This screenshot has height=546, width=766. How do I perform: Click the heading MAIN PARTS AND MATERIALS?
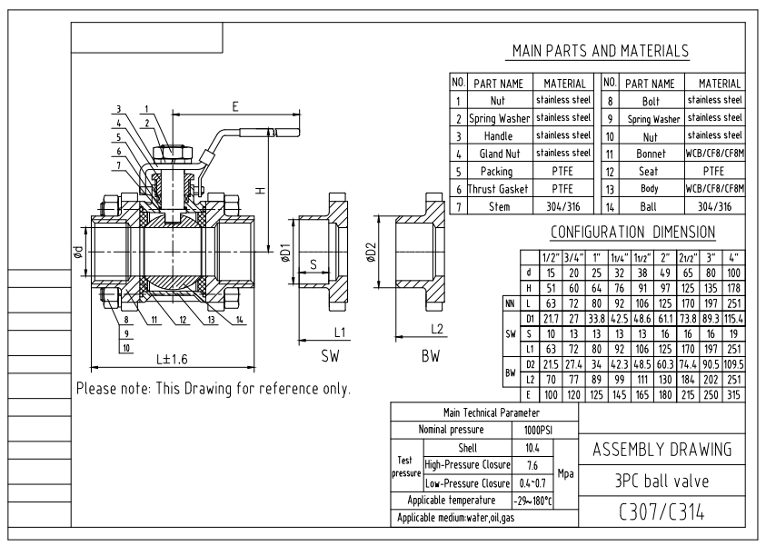click(601, 51)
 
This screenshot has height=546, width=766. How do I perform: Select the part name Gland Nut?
click(499, 154)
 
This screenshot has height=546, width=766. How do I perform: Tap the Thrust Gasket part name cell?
click(498, 189)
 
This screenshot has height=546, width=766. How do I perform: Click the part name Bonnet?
click(651, 154)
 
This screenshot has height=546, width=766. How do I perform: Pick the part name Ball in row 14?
click(648, 206)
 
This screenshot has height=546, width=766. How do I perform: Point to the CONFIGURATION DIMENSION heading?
click(632, 232)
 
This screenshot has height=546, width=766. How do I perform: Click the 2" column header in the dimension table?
click(665, 257)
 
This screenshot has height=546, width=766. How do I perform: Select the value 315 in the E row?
click(734, 394)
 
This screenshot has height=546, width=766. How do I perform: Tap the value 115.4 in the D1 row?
click(734, 319)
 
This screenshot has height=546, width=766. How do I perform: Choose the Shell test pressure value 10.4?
click(532, 448)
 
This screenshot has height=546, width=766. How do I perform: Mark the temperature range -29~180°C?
click(532, 501)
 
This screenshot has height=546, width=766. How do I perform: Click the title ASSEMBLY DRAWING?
click(662, 450)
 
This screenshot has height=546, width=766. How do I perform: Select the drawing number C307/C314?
click(662, 512)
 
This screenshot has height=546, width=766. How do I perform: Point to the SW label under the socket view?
click(330, 356)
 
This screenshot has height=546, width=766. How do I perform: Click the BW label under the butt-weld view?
click(431, 356)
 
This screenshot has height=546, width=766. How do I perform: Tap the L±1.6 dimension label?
click(172, 360)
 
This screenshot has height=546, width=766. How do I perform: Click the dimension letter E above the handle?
click(235, 106)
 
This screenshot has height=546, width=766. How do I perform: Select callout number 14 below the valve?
click(239, 320)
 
